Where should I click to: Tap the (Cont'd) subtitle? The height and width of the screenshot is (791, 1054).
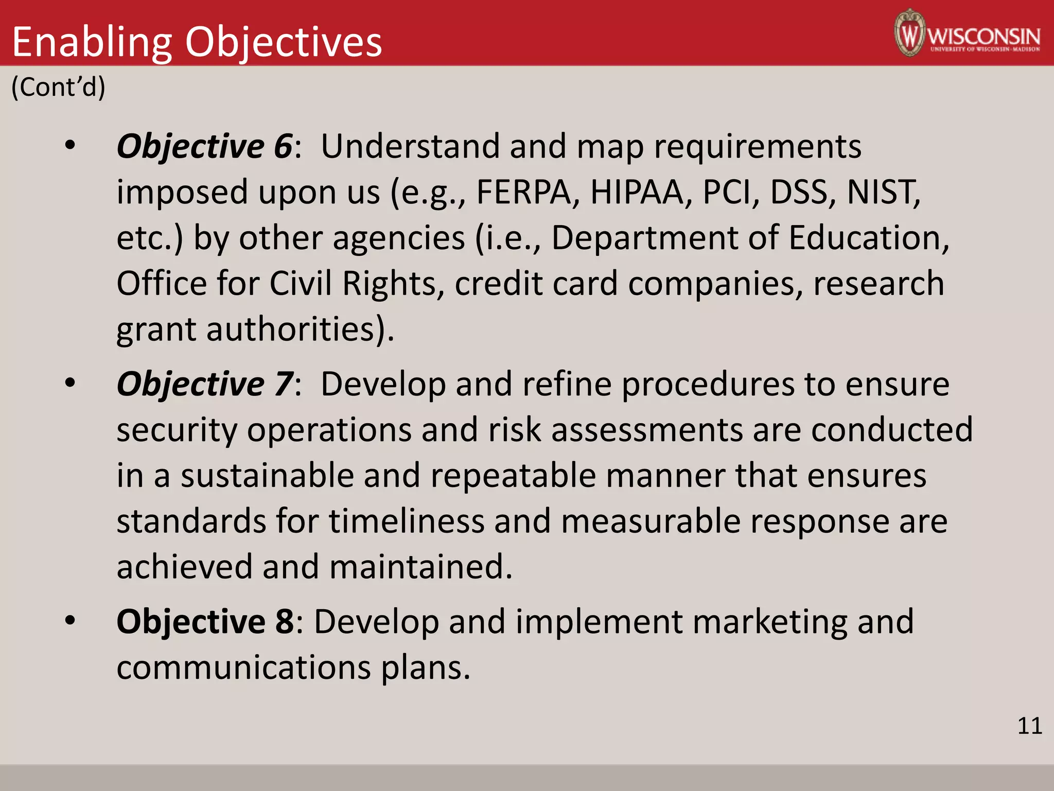pos(58,87)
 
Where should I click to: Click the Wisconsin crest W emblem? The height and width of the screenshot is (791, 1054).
pos(910,33)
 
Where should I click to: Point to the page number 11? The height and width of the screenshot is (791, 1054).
pos(1030,726)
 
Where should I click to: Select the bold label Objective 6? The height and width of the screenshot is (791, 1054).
pos(205,146)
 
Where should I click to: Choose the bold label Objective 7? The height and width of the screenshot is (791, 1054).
pos(205,384)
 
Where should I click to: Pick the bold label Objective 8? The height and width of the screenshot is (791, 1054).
pos(205,622)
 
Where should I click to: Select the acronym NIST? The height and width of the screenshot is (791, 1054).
pos(883,192)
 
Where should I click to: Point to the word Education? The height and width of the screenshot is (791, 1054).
pos(868,238)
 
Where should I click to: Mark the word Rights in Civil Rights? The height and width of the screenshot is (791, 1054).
pos(389,284)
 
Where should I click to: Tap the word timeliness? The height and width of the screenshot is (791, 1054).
pos(407,521)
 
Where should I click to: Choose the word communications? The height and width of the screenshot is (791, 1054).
pos(243,667)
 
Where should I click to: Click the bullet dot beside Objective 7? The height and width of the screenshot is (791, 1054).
pos(71,383)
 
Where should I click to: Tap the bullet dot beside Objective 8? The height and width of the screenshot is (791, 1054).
pos(71,621)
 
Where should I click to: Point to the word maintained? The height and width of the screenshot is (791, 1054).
pos(420,567)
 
